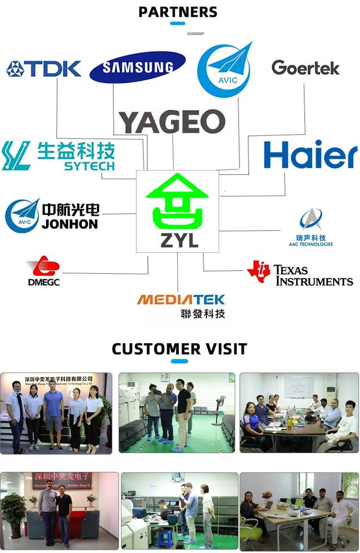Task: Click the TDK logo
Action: click(x=44, y=69)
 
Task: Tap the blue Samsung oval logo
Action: click(x=138, y=67)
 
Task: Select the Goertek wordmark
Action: click(x=305, y=68)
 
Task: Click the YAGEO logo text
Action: click(x=172, y=122)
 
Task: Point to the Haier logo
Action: click(x=311, y=155)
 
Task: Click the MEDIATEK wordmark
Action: click(x=180, y=300)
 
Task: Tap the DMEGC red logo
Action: click(x=43, y=271)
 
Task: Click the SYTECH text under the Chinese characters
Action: click(x=89, y=167)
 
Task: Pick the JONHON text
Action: click(x=70, y=224)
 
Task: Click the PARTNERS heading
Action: click(x=178, y=12)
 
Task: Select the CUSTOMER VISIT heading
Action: click(x=180, y=349)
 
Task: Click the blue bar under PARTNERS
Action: click(x=178, y=23)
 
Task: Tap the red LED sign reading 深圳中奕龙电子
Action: click(x=62, y=477)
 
